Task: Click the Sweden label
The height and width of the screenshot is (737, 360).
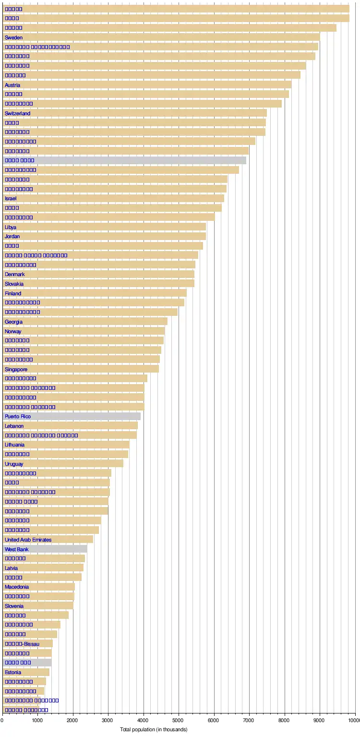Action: (13, 37)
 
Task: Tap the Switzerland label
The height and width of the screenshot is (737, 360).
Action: (17, 113)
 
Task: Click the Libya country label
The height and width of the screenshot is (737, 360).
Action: (10, 227)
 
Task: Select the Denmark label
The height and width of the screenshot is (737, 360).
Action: (15, 275)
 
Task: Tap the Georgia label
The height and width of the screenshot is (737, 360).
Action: (13, 322)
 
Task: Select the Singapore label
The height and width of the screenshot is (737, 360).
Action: (16, 369)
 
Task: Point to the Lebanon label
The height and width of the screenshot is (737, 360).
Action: (14, 426)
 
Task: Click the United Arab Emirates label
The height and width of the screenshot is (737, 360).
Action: (28, 540)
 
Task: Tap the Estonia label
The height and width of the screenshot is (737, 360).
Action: (13, 672)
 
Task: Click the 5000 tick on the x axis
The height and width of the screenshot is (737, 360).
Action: (179, 720)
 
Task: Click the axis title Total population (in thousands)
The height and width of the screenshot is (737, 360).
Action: (154, 730)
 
